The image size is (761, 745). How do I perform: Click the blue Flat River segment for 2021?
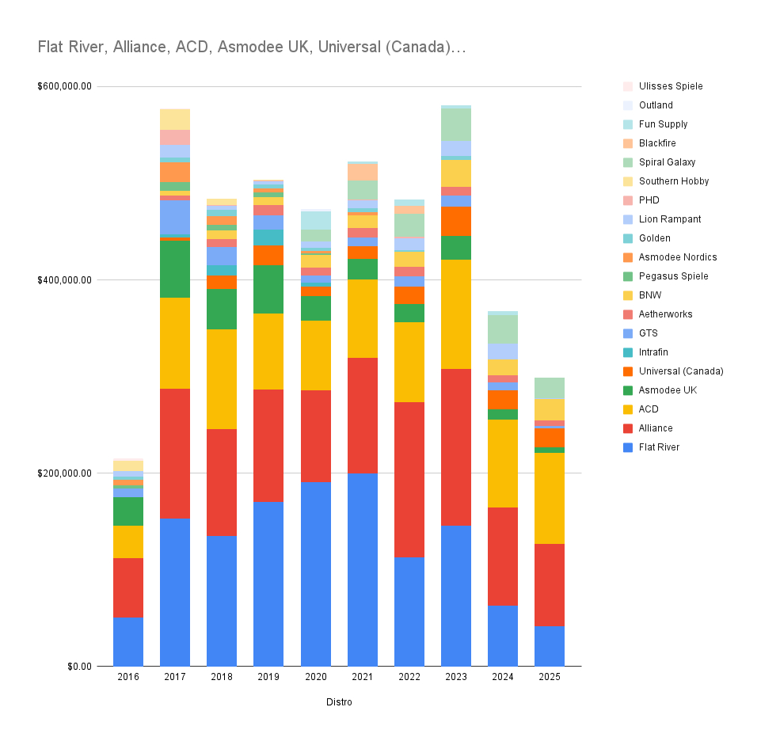click(362, 569)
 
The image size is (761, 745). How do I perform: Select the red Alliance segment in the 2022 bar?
click(409, 479)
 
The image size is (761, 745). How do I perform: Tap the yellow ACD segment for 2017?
click(175, 343)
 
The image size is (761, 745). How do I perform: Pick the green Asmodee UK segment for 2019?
click(268, 289)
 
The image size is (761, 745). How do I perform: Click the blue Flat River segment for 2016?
click(128, 641)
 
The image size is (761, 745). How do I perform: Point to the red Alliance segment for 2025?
click(550, 584)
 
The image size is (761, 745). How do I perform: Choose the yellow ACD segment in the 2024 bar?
click(502, 463)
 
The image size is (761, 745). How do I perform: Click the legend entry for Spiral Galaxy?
click(667, 162)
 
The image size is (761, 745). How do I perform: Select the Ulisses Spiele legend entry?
click(670, 86)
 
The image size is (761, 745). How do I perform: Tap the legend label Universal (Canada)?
click(681, 371)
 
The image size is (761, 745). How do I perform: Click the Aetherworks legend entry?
click(665, 314)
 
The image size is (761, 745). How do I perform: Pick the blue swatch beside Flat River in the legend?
click(628, 447)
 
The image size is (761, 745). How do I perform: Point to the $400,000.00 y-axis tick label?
click(65, 279)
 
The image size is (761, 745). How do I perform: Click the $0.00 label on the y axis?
click(78, 666)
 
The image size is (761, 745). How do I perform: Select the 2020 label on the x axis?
click(315, 677)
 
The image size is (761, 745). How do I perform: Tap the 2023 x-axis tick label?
click(455, 677)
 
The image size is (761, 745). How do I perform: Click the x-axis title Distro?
click(339, 702)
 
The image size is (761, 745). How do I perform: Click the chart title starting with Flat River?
click(252, 48)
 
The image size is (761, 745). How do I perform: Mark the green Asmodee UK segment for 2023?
click(455, 247)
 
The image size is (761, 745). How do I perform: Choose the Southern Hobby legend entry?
click(673, 181)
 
